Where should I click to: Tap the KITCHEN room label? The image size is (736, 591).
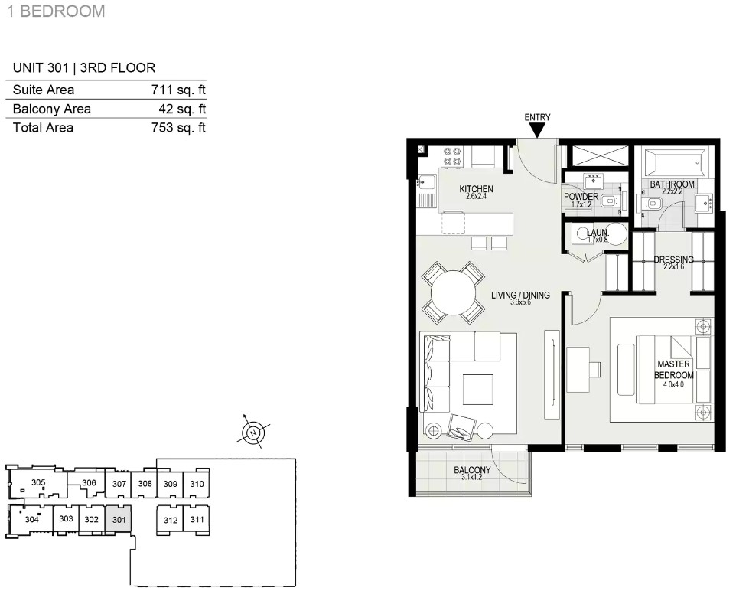coord(476,189)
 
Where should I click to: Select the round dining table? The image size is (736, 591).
coord(453,292)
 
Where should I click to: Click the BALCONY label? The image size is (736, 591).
coord(472,470)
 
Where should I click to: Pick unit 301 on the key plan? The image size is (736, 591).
coord(119,519)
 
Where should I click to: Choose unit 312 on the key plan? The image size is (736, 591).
coord(170,520)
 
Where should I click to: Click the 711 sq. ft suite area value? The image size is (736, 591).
coord(178,90)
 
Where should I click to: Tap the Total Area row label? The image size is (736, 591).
coord(43,128)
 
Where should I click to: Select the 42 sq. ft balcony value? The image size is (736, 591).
coord(182,109)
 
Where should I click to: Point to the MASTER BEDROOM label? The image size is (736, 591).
coord(673,369)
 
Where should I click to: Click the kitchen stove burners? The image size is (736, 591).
coord(452,156)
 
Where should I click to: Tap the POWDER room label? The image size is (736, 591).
coord(581,197)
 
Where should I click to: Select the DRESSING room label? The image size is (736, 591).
coord(673,260)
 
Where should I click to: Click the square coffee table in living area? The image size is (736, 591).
coord(478,389)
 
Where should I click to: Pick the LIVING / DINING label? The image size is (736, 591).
coord(520,295)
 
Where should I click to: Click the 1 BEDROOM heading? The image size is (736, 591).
coord(56,11)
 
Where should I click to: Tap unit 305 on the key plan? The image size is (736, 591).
coord(38,482)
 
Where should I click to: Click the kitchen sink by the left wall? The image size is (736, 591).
coord(427,182)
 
